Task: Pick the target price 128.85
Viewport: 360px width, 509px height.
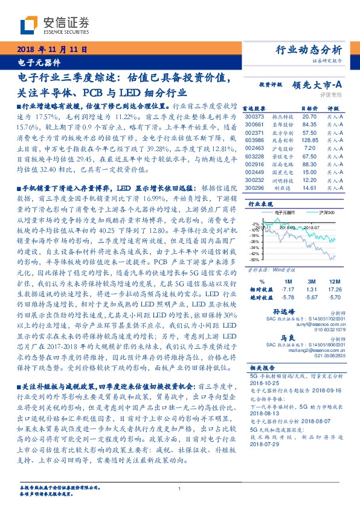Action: point(309,139)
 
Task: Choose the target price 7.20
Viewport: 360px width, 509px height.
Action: point(310,147)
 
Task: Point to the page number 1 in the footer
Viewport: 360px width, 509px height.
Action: point(180,489)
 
